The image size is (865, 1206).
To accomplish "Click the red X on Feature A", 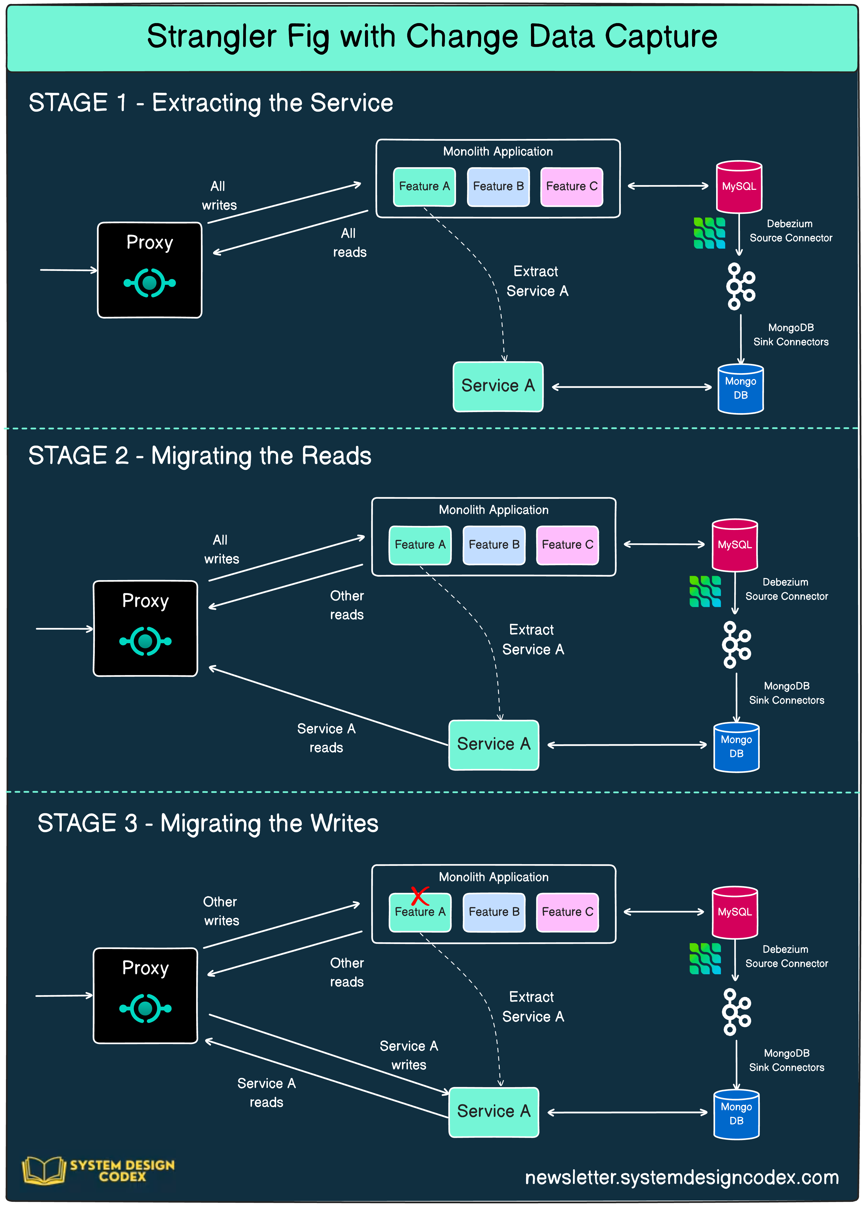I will click(420, 896).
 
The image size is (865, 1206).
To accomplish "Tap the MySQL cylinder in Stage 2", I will click(735, 545).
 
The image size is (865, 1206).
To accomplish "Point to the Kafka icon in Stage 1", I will click(740, 286).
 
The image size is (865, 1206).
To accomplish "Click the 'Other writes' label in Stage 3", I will click(221, 911).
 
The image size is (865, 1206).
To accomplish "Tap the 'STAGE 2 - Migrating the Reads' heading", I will click(200, 456).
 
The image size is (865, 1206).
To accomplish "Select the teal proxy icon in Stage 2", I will click(145, 641).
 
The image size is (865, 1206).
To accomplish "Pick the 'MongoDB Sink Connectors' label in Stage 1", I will click(791, 334).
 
